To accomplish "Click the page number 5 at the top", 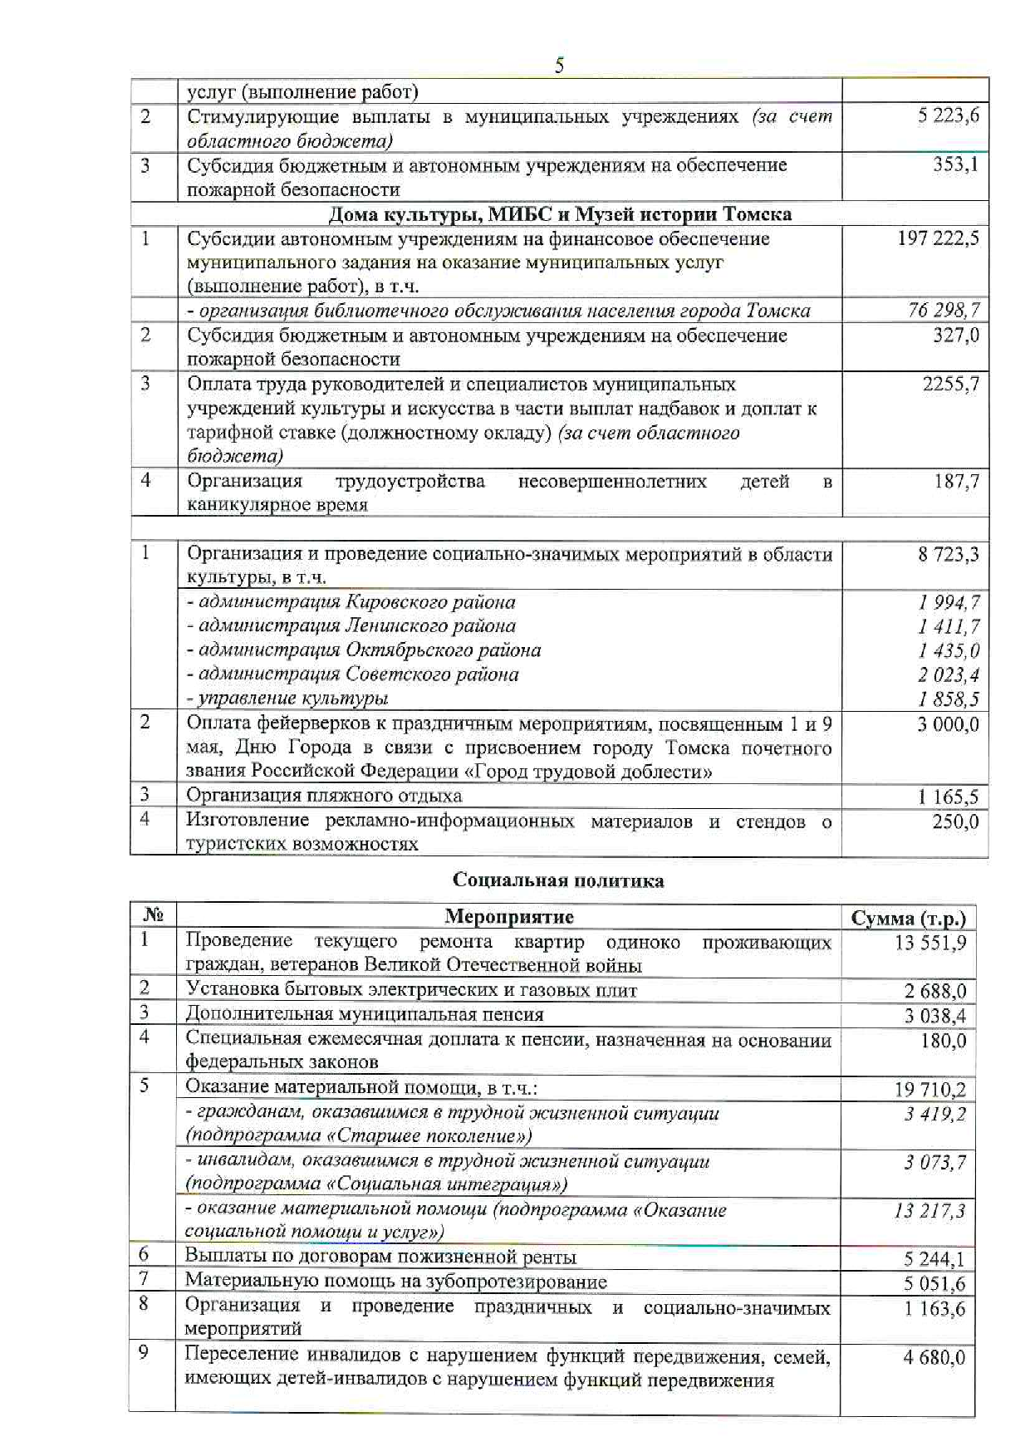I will click(559, 65).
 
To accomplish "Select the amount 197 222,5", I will click(938, 239).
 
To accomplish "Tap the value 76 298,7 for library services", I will click(944, 311).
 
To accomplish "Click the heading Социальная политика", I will click(558, 880).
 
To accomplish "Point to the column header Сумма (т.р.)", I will click(909, 919).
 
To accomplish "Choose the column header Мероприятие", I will click(508, 917).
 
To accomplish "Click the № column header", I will click(153, 916).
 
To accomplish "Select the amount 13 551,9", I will click(930, 943).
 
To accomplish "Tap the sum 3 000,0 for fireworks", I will click(948, 724).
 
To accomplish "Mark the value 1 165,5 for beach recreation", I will click(948, 797).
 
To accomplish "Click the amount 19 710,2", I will click(930, 1090).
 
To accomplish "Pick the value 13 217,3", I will click(929, 1211).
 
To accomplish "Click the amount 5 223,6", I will click(948, 116).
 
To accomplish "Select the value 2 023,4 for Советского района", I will click(948, 675).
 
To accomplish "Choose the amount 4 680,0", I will click(934, 1358).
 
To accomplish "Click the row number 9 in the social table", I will click(144, 1353).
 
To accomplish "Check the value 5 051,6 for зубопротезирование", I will click(934, 1284).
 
